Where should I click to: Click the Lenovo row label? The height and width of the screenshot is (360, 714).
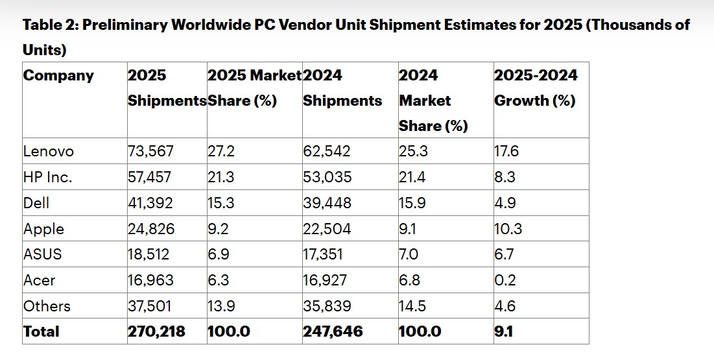(x=49, y=152)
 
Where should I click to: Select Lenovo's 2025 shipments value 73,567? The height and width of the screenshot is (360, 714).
(x=150, y=152)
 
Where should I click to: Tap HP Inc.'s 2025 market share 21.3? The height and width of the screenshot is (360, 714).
(x=221, y=178)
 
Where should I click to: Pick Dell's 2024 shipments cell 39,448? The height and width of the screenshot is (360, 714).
(x=327, y=203)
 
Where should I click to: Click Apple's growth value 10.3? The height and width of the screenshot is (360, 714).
(x=508, y=229)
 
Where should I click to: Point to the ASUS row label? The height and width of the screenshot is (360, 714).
(x=43, y=254)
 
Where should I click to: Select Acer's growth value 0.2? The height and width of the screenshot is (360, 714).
(x=504, y=280)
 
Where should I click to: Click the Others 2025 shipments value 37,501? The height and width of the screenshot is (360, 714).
(x=150, y=306)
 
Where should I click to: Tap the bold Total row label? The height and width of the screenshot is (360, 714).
(x=42, y=331)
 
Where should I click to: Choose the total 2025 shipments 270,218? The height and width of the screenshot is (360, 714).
(x=156, y=331)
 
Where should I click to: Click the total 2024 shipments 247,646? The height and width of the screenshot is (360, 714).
(x=333, y=331)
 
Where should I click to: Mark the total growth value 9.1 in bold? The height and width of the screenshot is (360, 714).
(x=504, y=331)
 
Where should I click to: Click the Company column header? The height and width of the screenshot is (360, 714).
(x=58, y=75)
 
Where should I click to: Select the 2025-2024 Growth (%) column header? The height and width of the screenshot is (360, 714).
(x=536, y=88)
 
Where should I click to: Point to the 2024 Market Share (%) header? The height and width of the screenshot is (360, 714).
(x=433, y=101)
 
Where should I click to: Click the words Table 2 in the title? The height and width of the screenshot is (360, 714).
(x=49, y=25)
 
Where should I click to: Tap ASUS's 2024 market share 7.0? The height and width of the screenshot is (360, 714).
(x=410, y=254)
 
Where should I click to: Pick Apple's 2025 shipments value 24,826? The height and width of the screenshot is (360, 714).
(x=150, y=229)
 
